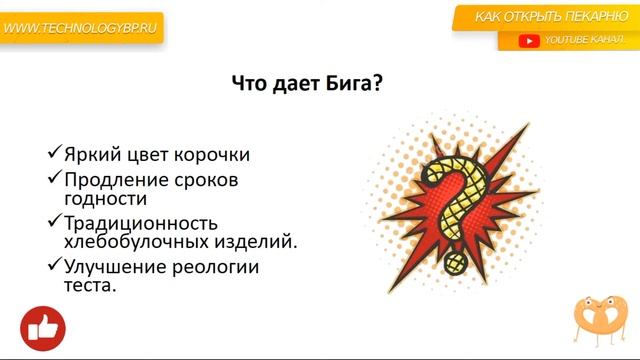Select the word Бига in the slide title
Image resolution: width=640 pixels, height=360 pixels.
(x=339, y=85)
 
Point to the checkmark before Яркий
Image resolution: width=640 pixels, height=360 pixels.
(x=55, y=154)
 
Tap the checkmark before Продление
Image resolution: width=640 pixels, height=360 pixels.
(x=55, y=179)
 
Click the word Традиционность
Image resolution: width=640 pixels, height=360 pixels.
(x=141, y=223)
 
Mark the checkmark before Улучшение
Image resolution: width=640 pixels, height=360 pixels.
(x=55, y=266)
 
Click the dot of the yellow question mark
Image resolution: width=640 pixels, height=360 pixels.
(x=456, y=264)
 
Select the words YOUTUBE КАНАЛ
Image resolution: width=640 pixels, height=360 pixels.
(x=582, y=41)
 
